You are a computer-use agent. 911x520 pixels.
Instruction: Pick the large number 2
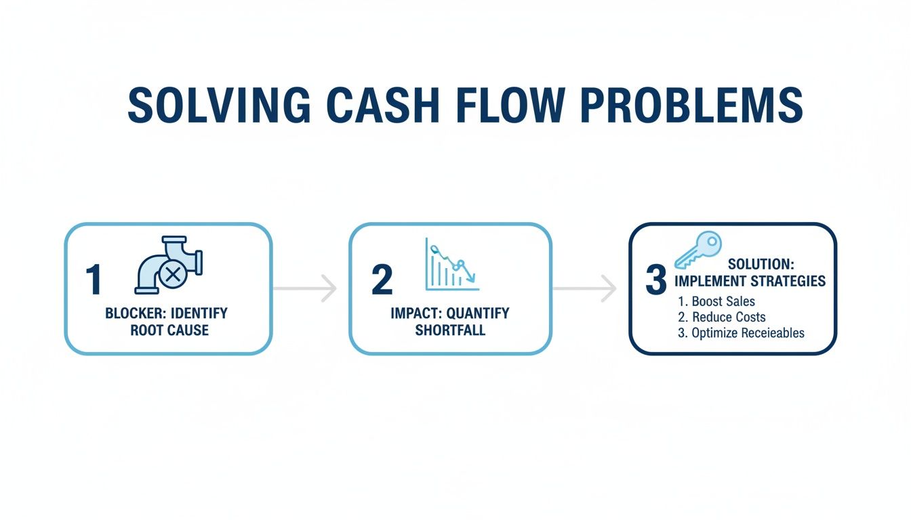[382, 280]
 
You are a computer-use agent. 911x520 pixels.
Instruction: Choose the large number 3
[656, 280]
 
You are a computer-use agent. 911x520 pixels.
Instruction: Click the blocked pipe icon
[169, 265]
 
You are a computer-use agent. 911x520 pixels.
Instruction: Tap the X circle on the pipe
[173, 275]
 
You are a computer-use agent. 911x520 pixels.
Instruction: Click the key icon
[698, 251]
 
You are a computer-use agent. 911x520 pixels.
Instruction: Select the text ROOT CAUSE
[169, 330]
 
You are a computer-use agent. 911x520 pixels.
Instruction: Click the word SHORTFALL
[450, 330]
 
